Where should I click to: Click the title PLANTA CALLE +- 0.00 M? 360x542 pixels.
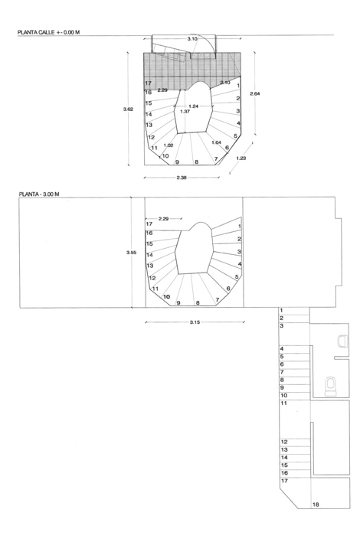48,32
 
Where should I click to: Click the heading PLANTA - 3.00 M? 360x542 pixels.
39,194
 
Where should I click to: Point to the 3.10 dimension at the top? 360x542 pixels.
192,39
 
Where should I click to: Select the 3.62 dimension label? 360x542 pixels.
128,109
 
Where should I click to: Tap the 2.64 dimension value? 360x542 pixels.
255,93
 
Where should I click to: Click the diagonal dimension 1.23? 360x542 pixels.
241,158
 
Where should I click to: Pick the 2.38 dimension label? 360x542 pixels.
182,178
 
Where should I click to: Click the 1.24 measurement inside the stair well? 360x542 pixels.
194,106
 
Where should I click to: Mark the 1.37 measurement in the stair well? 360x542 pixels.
185,111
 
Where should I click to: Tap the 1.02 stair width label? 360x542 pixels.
169,145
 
